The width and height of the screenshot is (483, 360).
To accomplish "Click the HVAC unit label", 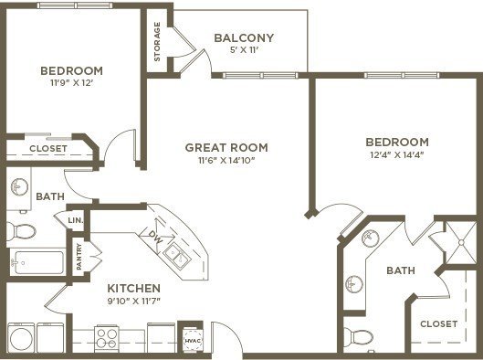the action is pos(193,341).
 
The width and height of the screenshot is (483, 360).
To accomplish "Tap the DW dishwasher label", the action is pos(155,237).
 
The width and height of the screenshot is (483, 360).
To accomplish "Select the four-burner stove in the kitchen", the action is pos(107,338).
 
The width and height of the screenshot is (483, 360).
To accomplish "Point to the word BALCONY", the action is pos(244,37).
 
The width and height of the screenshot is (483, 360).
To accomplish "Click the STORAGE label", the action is pos(157,42).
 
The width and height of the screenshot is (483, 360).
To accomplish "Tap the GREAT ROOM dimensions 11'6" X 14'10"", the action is pos(226,160).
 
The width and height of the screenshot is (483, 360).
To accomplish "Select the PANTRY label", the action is pos(79,257).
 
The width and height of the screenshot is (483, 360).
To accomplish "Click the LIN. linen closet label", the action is pos(76,221).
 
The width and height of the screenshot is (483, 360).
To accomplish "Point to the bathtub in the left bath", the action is pos(37,262).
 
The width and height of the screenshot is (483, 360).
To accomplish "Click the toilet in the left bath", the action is pos(21,231).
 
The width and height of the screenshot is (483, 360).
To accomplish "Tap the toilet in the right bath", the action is pos(358,336).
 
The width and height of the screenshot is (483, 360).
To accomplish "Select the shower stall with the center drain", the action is pos(461,243).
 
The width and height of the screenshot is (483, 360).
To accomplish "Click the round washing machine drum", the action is pos(21,339).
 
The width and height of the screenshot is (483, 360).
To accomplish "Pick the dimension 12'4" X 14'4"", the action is pos(397,154).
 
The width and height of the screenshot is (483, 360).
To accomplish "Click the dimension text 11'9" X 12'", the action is pos(72,83).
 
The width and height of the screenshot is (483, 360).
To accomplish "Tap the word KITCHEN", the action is pos(134,289).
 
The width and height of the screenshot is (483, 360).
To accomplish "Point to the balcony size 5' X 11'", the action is pos(244,50).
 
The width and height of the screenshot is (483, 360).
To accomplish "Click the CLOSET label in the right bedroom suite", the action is pos(438,324).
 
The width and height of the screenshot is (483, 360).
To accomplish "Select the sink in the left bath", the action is pos(19,186).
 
